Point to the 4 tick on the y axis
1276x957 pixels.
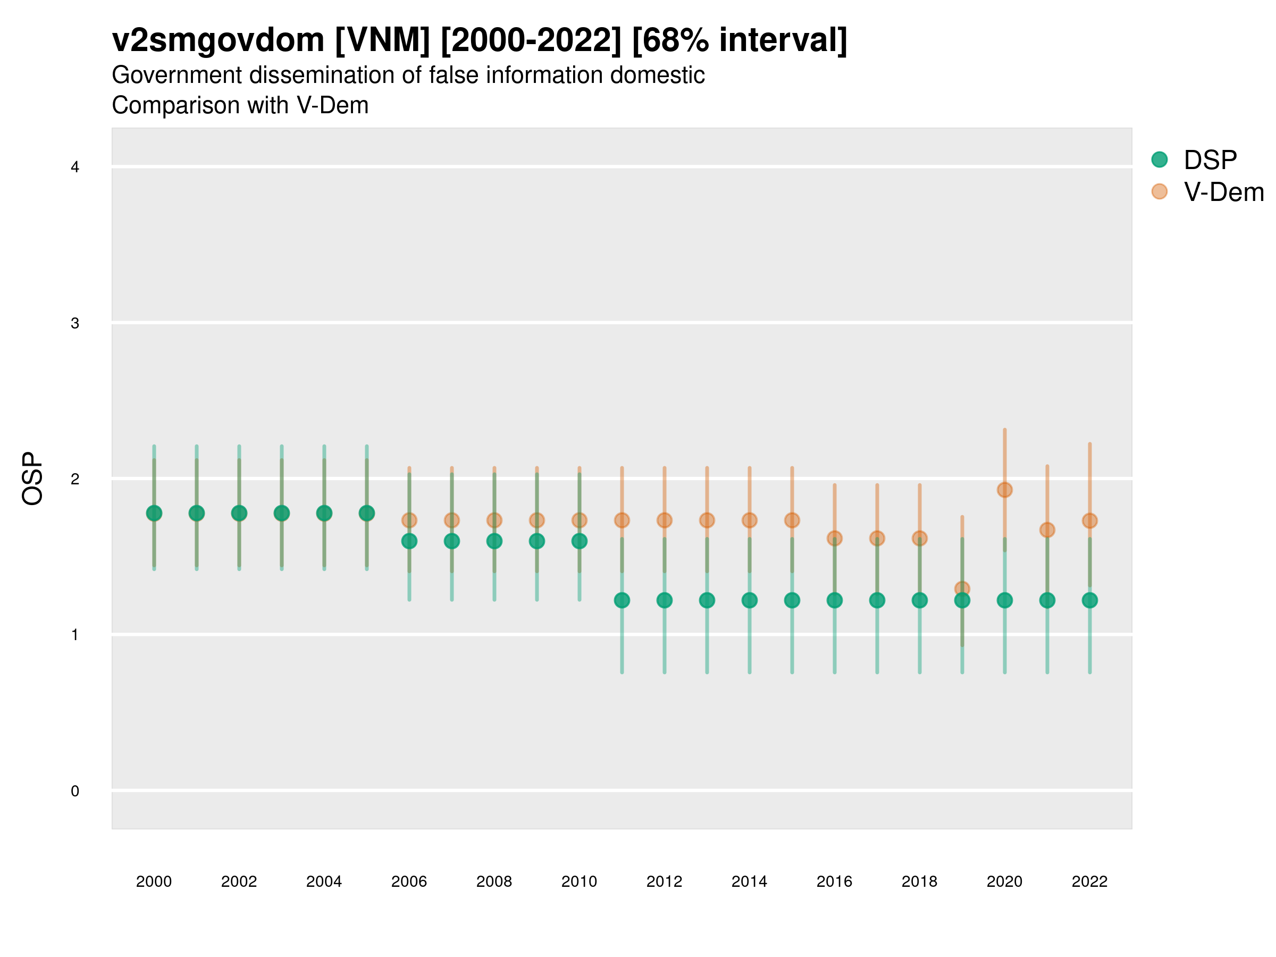(x=75, y=167)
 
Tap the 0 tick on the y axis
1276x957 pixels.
(x=75, y=791)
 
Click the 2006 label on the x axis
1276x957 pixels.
(x=409, y=882)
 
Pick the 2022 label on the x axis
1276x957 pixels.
(x=1089, y=882)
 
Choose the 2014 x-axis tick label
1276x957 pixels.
(x=749, y=882)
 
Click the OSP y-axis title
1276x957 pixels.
(x=32, y=479)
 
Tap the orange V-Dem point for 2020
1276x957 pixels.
(x=1004, y=490)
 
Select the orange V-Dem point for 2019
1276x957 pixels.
(x=962, y=589)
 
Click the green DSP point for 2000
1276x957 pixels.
(x=154, y=513)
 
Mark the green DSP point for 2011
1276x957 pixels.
(x=622, y=600)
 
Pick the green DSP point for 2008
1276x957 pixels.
(x=494, y=541)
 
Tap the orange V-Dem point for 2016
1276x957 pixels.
(x=834, y=538)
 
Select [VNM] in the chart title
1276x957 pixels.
(x=382, y=40)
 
